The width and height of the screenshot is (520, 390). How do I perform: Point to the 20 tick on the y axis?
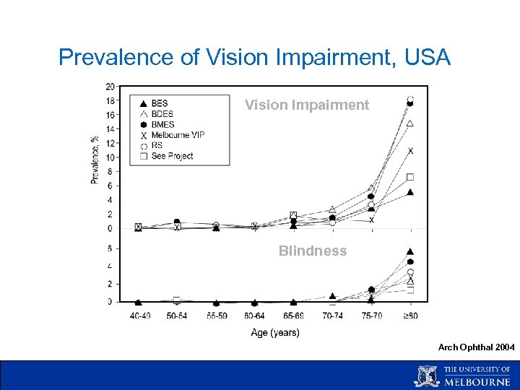(x=110, y=87)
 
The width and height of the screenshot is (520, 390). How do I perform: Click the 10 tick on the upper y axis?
(x=110, y=157)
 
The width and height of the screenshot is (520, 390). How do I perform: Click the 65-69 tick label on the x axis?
(x=293, y=316)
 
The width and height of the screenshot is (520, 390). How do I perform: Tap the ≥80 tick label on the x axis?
(x=410, y=316)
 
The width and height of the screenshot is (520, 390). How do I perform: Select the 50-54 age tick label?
(x=177, y=316)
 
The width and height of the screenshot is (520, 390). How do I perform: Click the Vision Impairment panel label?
(x=307, y=105)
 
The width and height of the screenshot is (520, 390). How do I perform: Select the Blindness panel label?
(x=313, y=251)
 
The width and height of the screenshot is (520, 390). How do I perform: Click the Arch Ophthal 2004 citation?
(x=476, y=347)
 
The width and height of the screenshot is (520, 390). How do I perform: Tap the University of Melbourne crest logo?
(x=426, y=376)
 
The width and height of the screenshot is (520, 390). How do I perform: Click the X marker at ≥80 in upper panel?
(x=410, y=151)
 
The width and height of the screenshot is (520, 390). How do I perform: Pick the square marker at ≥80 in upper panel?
(x=410, y=177)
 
